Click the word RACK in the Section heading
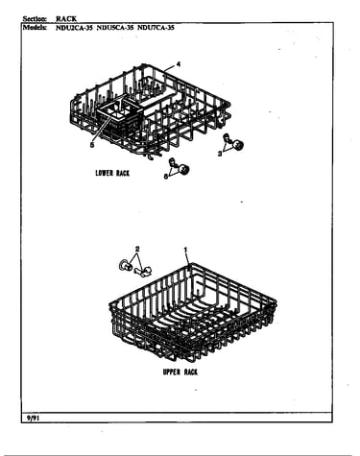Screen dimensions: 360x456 point(66,18)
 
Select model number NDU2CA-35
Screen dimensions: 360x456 point(74,28)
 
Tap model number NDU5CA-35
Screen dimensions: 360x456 point(115,28)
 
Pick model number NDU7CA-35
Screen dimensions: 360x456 point(156,28)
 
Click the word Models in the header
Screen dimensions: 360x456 point(35,28)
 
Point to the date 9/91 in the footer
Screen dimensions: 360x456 point(32,418)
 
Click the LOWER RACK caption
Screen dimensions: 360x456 point(112,173)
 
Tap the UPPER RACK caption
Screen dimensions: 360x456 point(180,372)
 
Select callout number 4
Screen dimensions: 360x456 point(179,64)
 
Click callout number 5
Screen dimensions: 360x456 point(92,145)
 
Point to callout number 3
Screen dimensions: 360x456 point(220,154)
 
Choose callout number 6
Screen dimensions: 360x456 point(166,176)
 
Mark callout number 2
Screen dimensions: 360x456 point(137,249)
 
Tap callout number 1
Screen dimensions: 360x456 point(185,250)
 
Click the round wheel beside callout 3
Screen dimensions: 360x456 point(238,146)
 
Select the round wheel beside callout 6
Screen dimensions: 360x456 point(184,169)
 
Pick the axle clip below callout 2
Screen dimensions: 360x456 point(144,272)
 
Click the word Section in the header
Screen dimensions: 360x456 point(36,18)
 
